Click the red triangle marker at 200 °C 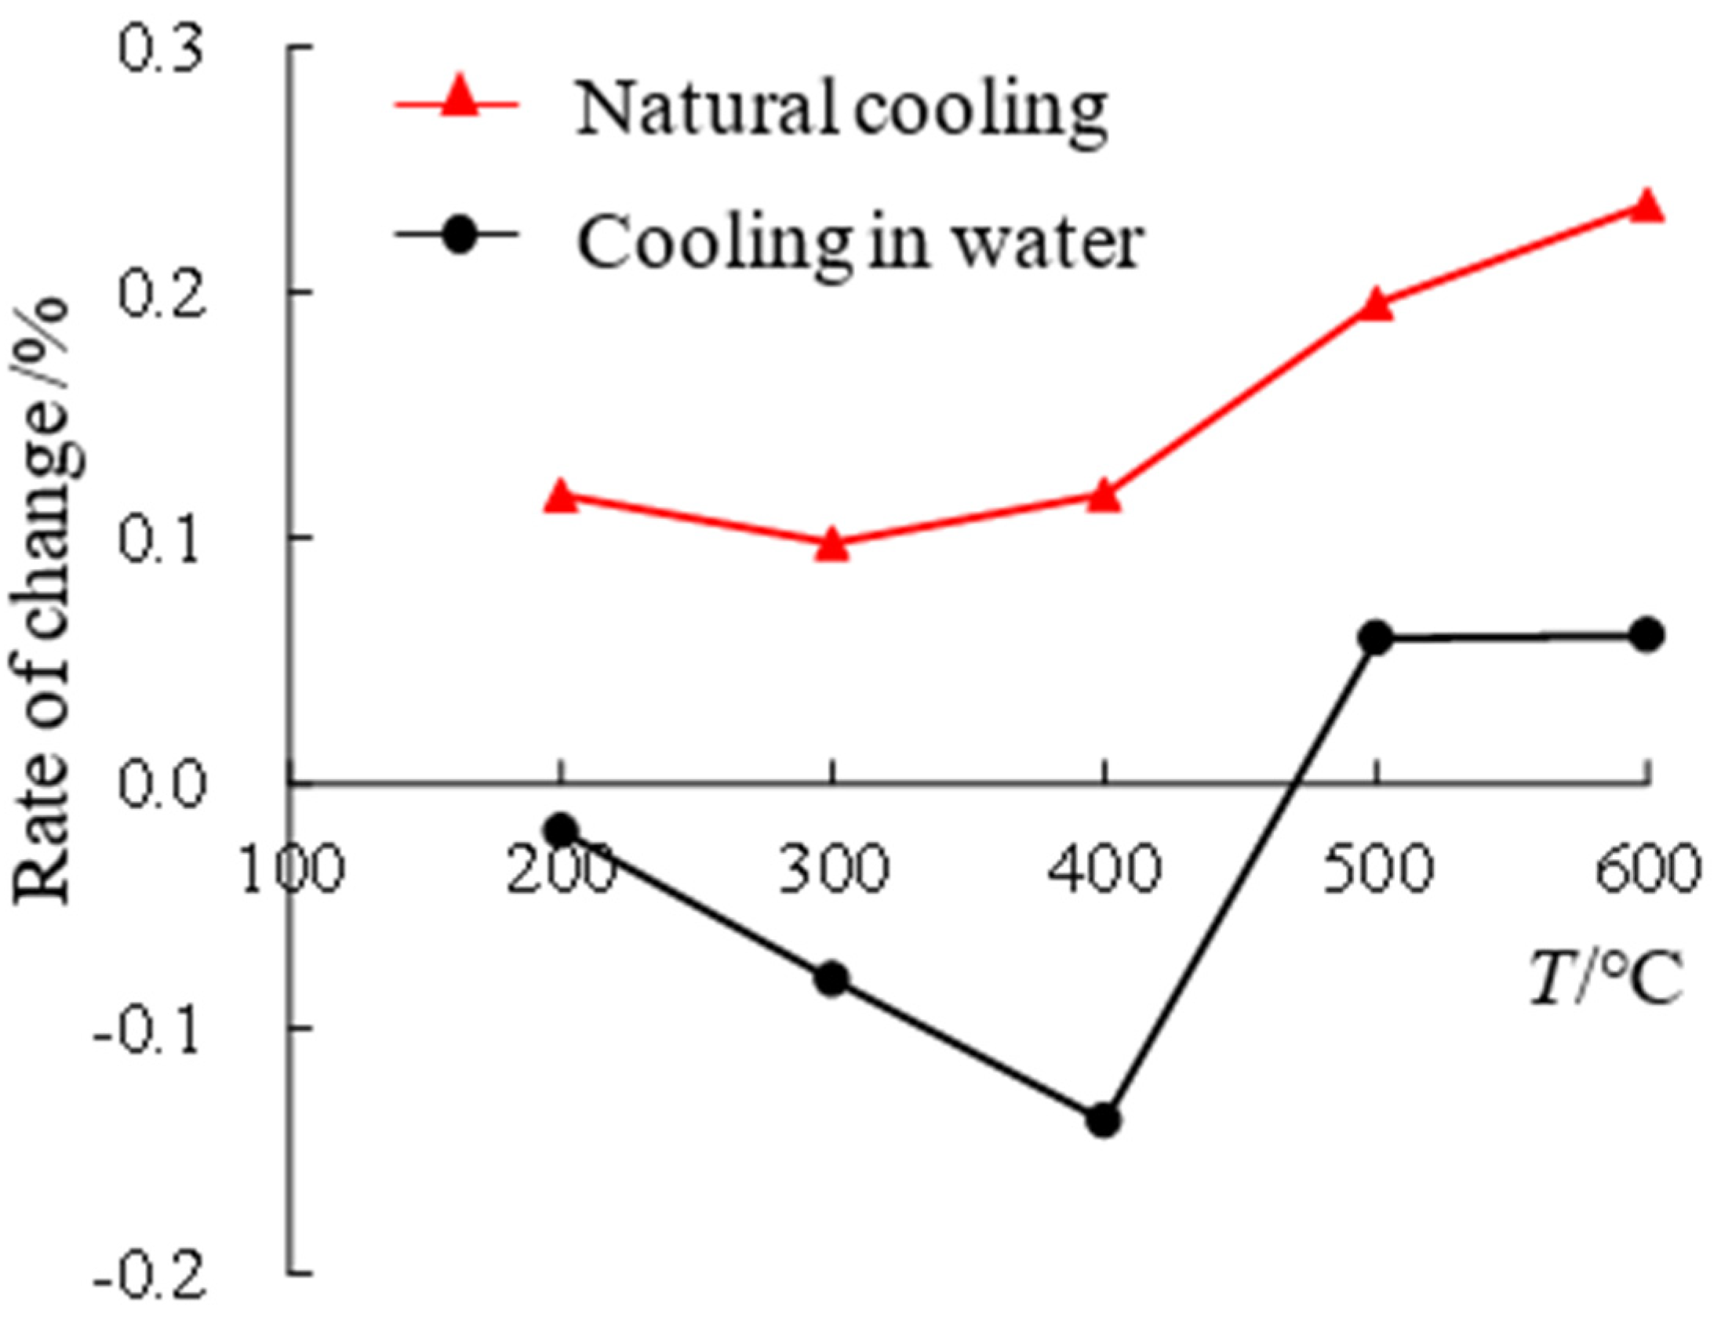[x=560, y=496]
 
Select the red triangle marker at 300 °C [x=831, y=545]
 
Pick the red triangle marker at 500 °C [x=1376, y=305]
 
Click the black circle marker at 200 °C [x=561, y=829]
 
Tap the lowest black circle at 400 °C [x=1103, y=1120]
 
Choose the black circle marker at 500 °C [x=1376, y=638]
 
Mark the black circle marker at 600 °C [x=1647, y=635]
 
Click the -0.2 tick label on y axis [x=151, y=1274]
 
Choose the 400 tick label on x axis [x=1104, y=869]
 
